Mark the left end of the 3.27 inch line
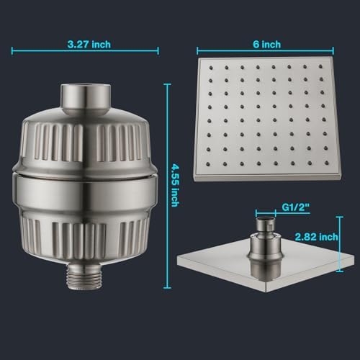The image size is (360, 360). tap(13, 51)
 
